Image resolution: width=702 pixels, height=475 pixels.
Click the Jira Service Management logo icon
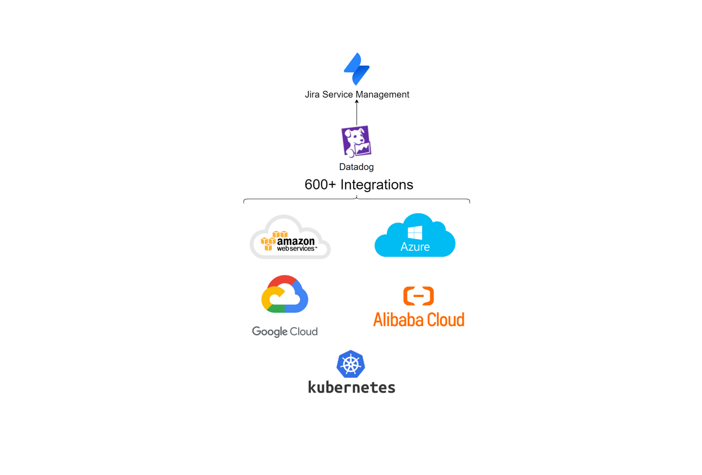click(357, 69)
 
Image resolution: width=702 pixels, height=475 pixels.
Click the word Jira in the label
click(312, 94)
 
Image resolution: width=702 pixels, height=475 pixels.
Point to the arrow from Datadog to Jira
click(357, 112)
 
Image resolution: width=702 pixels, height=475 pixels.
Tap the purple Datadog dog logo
click(356, 141)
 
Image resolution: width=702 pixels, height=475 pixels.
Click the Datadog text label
click(356, 167)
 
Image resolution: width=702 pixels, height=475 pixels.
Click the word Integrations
click(377, 185)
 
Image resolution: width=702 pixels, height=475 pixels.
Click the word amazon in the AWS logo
click(296, 241)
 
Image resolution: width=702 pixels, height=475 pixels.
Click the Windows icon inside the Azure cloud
click(415, 232)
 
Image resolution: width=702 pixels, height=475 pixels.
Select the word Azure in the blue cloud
click(415, 246)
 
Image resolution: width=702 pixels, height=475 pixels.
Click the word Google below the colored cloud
click(270, 331)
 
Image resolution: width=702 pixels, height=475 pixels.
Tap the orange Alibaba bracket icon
click(419, 296)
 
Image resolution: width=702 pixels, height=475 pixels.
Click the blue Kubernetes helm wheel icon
click(351, 364)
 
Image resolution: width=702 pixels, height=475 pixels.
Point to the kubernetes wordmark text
click(352, 387)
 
